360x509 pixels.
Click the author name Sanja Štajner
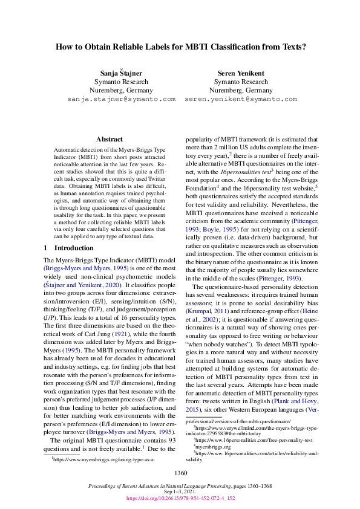pos(121,73)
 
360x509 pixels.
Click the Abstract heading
pos(110,138)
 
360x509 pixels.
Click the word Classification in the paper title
pos(250,46)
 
